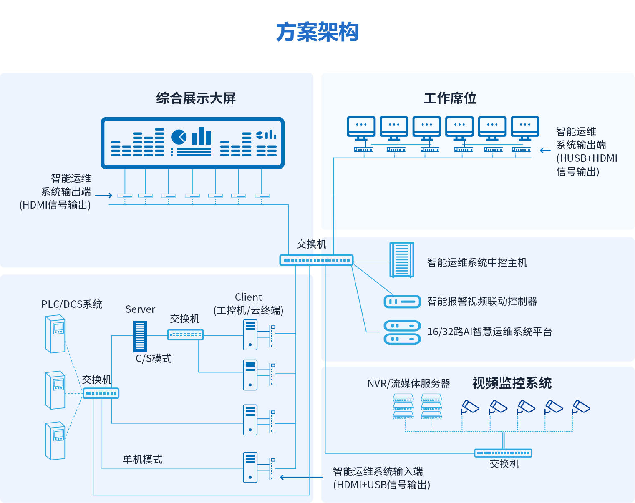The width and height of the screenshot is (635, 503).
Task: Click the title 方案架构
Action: point(317,32)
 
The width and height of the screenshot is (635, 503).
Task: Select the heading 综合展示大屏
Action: point(196,98)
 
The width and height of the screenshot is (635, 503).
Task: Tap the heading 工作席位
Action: point(450,98)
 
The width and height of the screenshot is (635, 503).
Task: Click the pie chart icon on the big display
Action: point(179,137)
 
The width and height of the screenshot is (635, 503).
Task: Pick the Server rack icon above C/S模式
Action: point(140,336)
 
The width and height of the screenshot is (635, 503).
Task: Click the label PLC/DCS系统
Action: point(72,304)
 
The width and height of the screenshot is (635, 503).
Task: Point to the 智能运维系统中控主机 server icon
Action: point(401,260)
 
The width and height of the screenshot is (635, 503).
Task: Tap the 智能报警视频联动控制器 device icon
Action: point(402,301)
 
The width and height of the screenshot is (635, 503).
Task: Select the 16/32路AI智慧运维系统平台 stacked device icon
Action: point(402,332)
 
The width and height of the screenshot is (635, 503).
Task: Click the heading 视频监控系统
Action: point(512,383)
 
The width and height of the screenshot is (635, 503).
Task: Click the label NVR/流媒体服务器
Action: point(409,383)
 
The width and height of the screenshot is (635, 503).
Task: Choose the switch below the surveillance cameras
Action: point(503,453)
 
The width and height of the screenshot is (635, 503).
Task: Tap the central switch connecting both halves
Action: point(316,260)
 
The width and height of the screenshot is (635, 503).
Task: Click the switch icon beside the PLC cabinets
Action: point(101,393)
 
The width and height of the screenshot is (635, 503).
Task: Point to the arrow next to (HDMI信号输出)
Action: point(104,195)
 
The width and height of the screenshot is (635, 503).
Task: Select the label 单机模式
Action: point(143,459)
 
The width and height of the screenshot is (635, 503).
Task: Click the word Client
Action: point(248,297)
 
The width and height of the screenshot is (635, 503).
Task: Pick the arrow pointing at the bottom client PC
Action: point(300,477)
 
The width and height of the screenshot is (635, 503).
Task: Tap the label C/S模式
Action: point(154,358)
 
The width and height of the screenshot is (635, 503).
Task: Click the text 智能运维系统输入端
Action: point(378,471)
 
